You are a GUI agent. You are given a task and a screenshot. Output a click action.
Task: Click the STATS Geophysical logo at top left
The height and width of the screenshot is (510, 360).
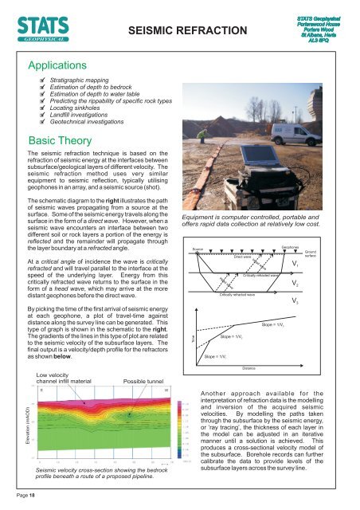coord(37,22)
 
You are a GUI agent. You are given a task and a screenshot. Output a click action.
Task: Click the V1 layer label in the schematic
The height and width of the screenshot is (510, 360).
coord(295,241)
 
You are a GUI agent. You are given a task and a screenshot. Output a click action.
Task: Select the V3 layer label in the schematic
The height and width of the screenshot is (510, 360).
coord(295,280)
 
